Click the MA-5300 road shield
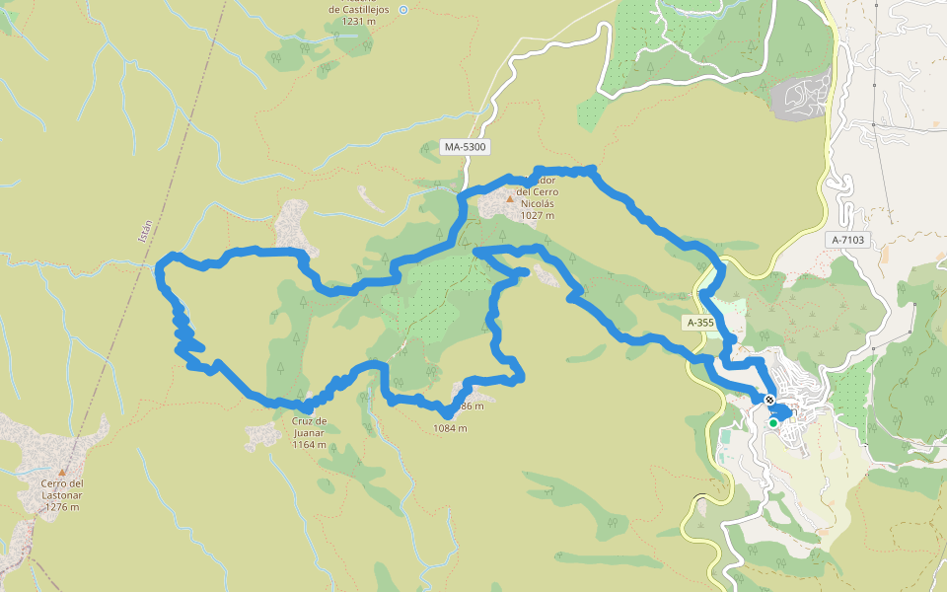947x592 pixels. [x=466, y=147]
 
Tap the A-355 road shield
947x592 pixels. [x=698, y=323]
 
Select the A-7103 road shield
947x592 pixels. [x=847, y=240]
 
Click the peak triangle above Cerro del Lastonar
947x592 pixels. [x=62, y=472]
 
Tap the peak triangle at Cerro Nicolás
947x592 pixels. [x=510, y=198]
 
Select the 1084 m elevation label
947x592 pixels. [x=450, y=428]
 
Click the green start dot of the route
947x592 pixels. [x=773, y=423]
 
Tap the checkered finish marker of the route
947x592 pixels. [x=768, y=400]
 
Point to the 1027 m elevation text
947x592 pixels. [x=538, y=215]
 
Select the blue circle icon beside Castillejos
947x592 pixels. [x=402, y=9]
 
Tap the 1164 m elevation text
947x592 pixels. [x=309, y=444]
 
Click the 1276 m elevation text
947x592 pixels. [x=62, y=507]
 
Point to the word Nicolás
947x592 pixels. [x=540, y=203]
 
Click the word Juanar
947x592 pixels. [x=309, y=432]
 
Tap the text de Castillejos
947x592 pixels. [x=360, y=9]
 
